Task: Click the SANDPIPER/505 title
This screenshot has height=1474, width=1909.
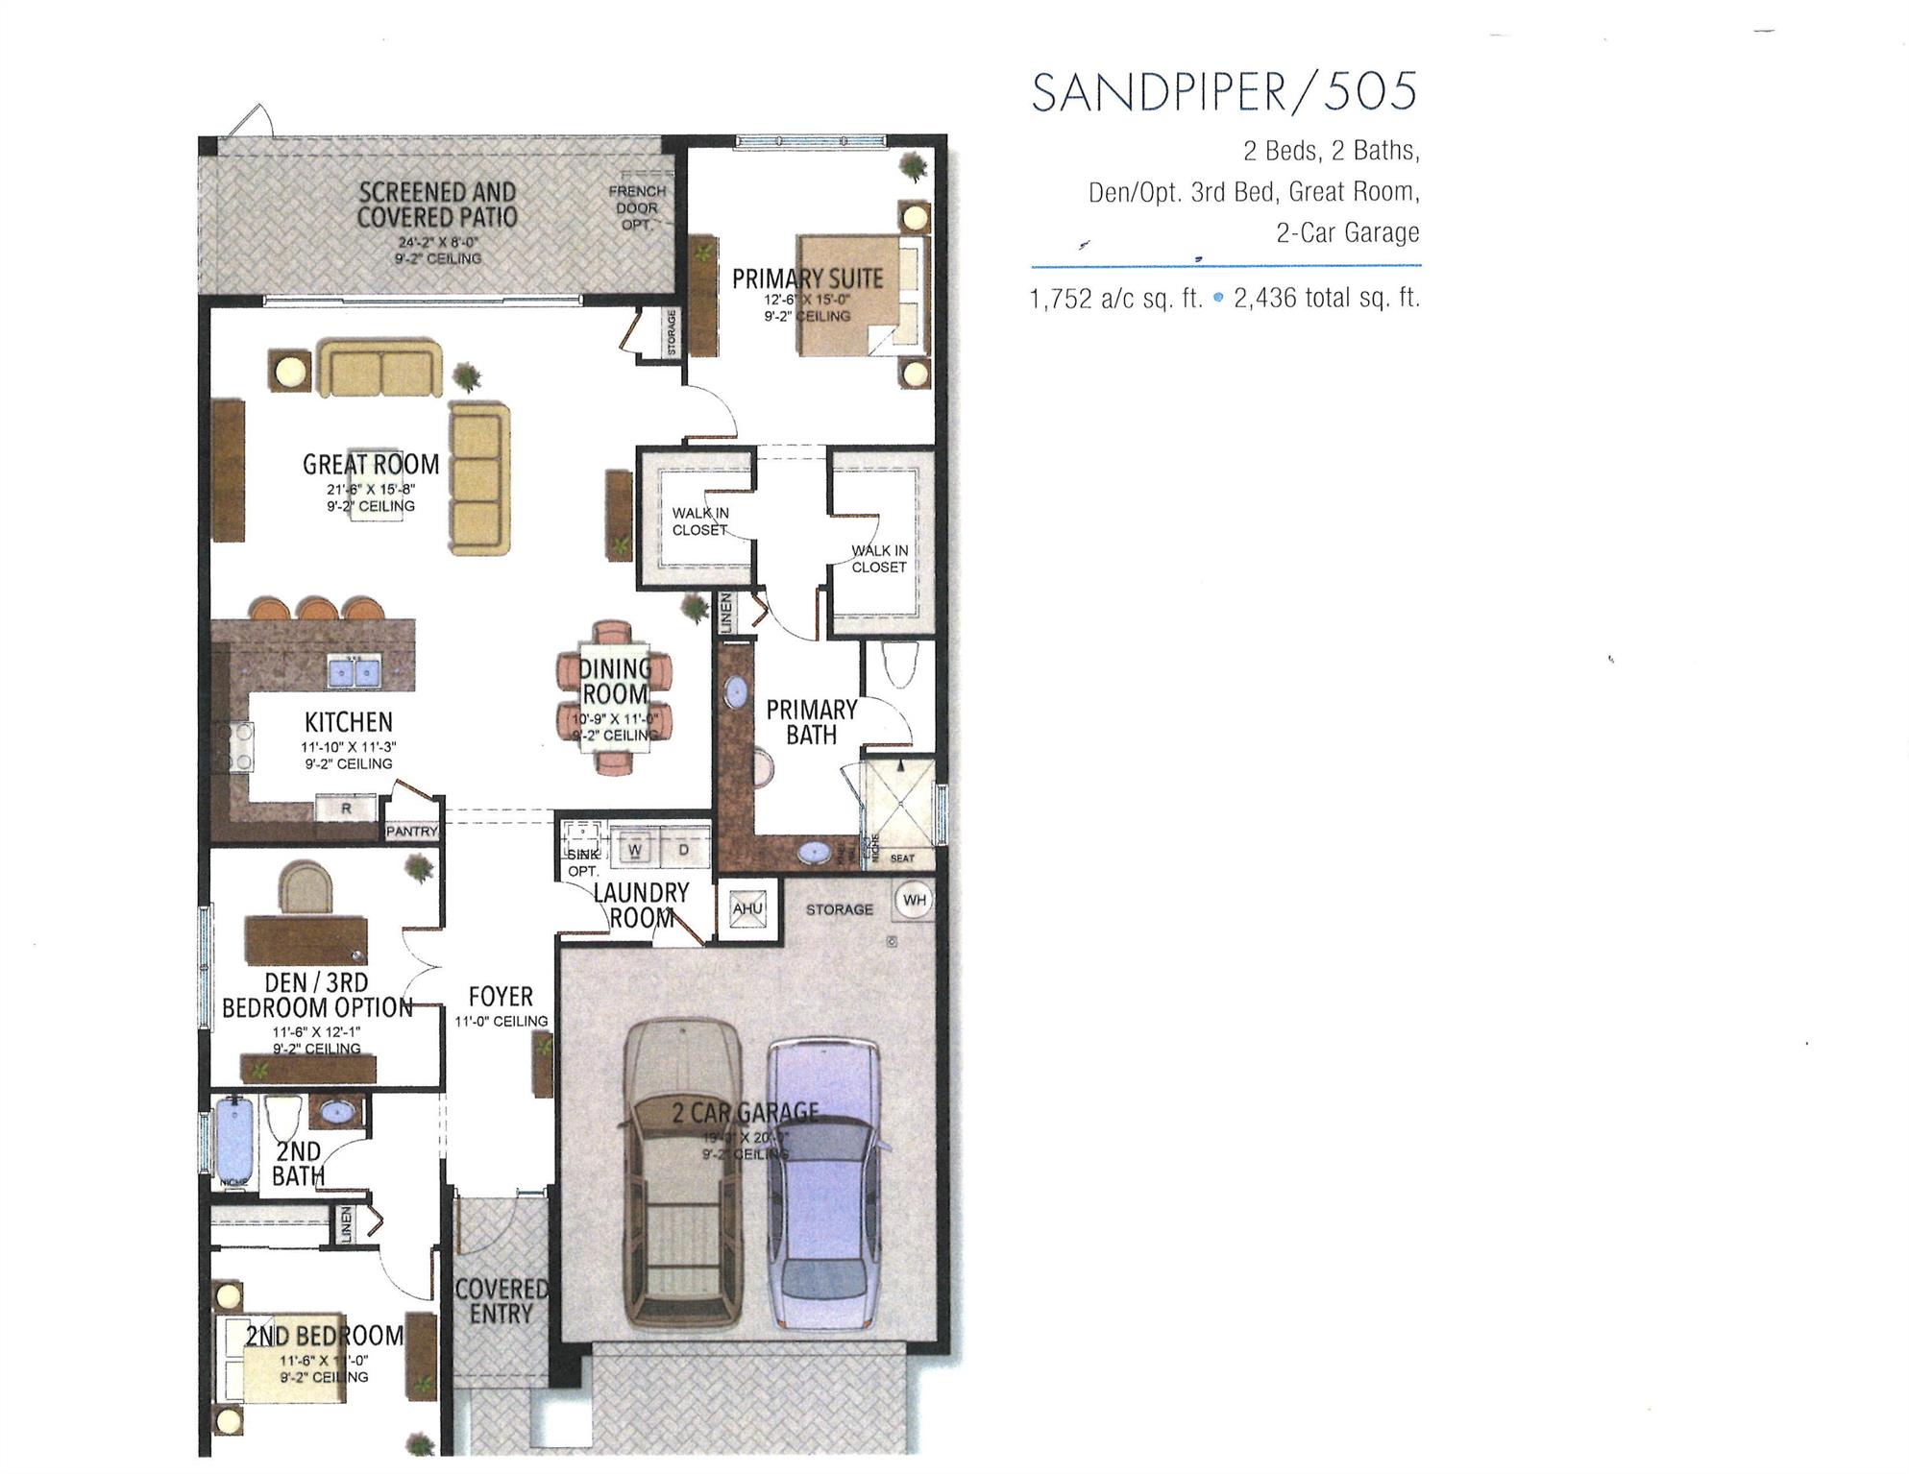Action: (1224, 92)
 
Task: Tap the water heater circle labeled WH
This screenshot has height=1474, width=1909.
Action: (914, 900)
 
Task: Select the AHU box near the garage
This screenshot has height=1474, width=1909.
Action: (747, 908)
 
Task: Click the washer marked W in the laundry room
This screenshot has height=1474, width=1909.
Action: (635, 850)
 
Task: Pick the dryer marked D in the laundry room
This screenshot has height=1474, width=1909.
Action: (684, 850)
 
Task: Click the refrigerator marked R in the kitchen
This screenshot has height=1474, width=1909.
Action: (346, 809)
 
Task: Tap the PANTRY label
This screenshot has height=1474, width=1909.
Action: (411, 832)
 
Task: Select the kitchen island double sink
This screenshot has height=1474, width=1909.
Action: (355, 671)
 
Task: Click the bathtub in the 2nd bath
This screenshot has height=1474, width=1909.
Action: (233, 1142)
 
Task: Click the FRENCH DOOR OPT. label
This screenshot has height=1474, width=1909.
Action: (637, 207)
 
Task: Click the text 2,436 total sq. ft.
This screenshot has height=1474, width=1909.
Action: (1326, 299)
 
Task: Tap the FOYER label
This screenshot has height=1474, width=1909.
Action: (501, 996)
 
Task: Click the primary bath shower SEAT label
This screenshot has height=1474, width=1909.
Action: (902, 858)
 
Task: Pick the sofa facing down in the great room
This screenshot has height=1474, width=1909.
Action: (380, 369)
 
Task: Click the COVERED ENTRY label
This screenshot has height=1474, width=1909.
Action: (501, 1301)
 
